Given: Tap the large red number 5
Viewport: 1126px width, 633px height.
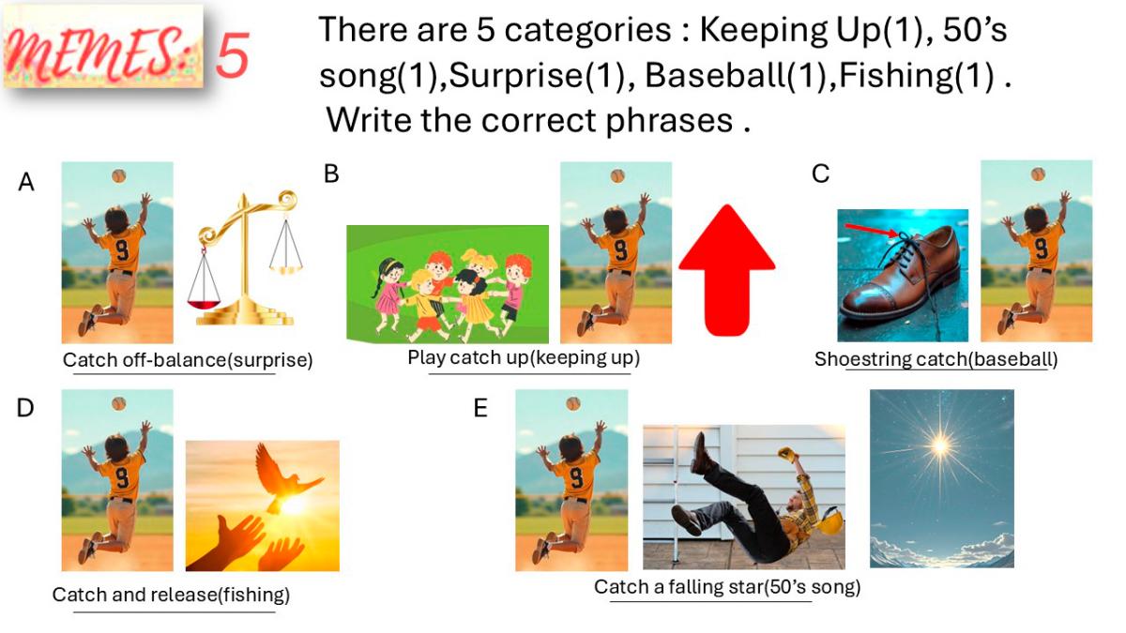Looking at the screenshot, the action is coord(233,54).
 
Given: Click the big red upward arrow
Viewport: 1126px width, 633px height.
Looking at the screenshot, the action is coord(727,270).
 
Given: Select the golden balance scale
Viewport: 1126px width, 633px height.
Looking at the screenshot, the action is coord(245,258).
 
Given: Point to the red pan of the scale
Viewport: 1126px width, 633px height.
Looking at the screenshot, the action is coord(204,304).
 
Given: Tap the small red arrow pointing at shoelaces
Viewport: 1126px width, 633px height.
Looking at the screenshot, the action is coord(871,230).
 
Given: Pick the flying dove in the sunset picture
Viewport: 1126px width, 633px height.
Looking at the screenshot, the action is coord(284,475).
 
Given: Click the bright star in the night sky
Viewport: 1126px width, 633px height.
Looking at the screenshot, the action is coord(940,445).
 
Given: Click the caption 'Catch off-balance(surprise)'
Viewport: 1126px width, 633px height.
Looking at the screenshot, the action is coord(188,360).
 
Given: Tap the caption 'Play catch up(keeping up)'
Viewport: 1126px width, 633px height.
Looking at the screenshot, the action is coord(524,357).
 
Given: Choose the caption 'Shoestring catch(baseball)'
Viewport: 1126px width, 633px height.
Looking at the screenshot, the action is coord(936,359).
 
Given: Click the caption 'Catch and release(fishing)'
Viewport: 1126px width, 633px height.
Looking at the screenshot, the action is coord(171,595).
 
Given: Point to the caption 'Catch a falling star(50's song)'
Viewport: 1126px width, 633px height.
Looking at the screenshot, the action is coord(727,587).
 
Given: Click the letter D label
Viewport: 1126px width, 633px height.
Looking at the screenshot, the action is coord(25,409).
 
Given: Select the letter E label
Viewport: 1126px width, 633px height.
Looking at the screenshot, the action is coord(480,409).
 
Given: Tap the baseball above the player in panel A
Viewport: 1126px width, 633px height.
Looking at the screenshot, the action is coord(118,176).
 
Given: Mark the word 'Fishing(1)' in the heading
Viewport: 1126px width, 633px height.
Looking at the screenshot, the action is coord(917,75).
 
